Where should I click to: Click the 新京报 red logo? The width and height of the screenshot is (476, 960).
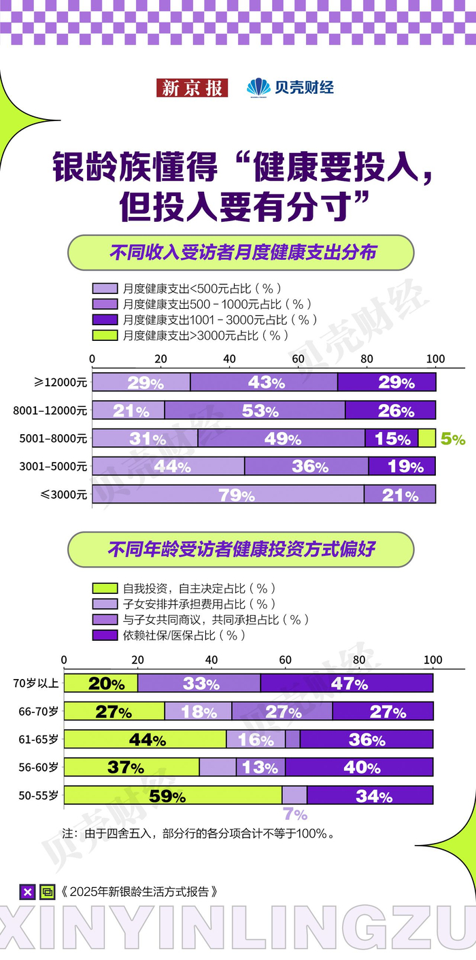click(x=192, y=88)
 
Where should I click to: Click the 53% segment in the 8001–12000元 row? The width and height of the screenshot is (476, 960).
click(x=255, y=410)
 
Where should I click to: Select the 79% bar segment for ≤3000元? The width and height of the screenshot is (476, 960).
click(x=228, y=494)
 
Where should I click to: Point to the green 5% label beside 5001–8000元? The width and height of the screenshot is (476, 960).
click(x=453, y=439)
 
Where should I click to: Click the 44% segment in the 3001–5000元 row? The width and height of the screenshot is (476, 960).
click(x=168, y=466)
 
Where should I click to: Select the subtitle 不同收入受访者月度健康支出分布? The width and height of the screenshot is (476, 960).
click(x=241, y=253)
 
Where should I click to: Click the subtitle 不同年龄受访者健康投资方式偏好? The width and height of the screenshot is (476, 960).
click(x=241, y=550)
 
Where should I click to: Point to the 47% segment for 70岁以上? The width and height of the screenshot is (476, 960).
click(x=347, y=683)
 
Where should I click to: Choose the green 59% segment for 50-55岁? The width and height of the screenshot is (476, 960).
click(x=173, y=795)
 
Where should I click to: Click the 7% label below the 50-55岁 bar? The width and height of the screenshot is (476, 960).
click(x=295, y=814)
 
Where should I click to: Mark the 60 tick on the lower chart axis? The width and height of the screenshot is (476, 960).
click(x=285, y=659)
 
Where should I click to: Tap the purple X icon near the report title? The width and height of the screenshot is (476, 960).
click(x=27, y=892)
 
